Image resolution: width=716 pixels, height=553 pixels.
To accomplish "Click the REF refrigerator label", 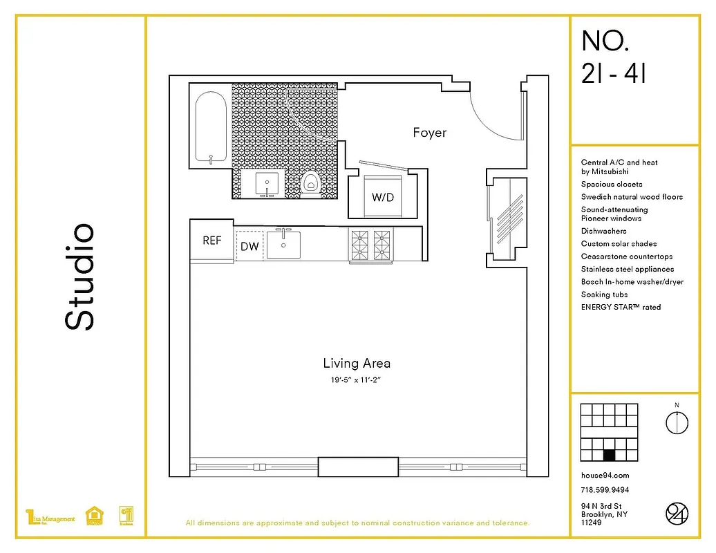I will click(x=212, y=241).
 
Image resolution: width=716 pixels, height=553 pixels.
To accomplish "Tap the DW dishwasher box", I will click(x=249, y=246).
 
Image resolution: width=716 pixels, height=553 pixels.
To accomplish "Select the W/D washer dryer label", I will click(x=382, y=197).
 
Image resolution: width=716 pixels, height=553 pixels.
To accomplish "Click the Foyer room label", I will click(x=429, y=133).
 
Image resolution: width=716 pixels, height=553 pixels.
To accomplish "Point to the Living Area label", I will click(x=357, y=363).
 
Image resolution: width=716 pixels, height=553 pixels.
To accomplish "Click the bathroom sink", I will click(x=267, y=183).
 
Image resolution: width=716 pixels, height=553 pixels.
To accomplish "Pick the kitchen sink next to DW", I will click(x=283, y=244).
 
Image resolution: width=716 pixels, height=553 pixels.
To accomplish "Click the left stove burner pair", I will click(x=360, y=245).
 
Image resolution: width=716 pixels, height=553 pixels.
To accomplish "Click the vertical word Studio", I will click(x=79, y=276).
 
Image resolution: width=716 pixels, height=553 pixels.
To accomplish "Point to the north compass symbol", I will click(x=677, y=422).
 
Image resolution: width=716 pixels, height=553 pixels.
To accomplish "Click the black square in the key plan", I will click(x=610, y=455).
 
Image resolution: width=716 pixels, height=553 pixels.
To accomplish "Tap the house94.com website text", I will click(x=605, y=476).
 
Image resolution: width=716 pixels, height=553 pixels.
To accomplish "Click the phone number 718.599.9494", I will click(x=605, y=490).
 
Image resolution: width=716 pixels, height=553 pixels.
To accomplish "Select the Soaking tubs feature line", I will click(x=605, y=294).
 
